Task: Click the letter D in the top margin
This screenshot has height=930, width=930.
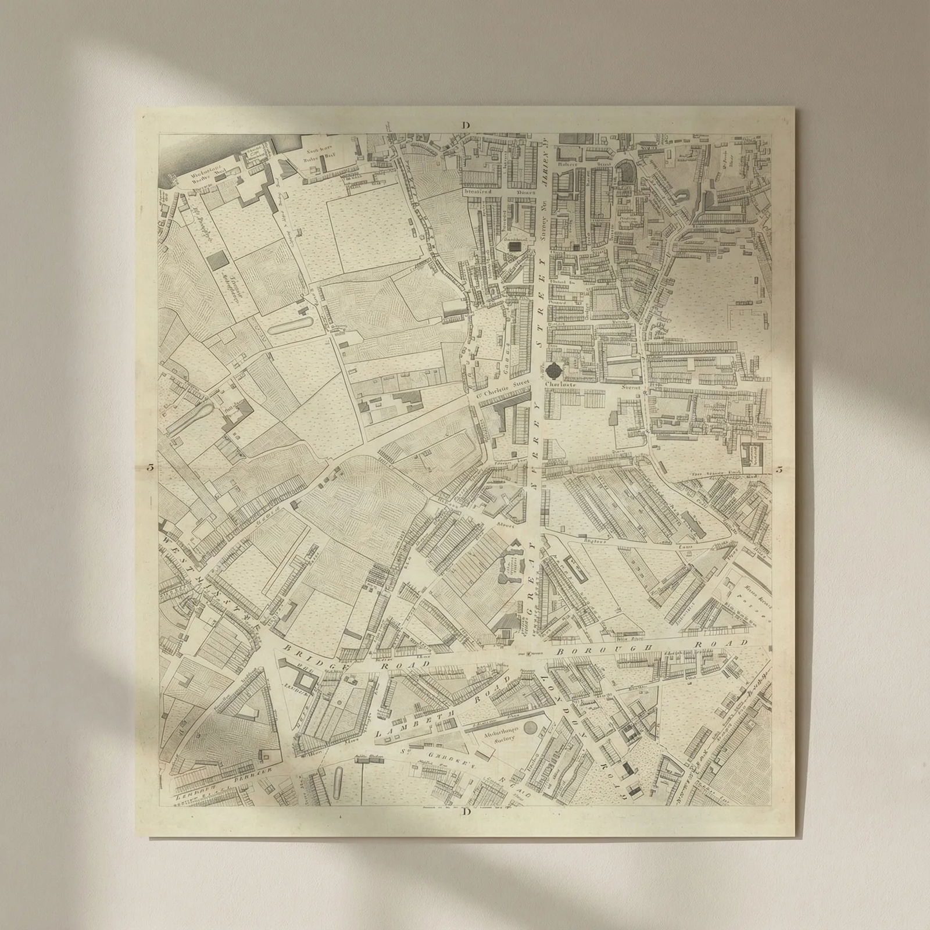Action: (x=466, y=125)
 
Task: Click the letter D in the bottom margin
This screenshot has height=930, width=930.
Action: (x=467, y=811)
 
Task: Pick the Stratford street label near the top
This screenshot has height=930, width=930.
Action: (x=478, y=191)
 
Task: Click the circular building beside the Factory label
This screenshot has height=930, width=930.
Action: (x=530, y=728)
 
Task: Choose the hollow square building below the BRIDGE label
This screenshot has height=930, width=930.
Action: (x=305, y=674)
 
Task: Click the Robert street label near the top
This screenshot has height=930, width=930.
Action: (x=567, y=164)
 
